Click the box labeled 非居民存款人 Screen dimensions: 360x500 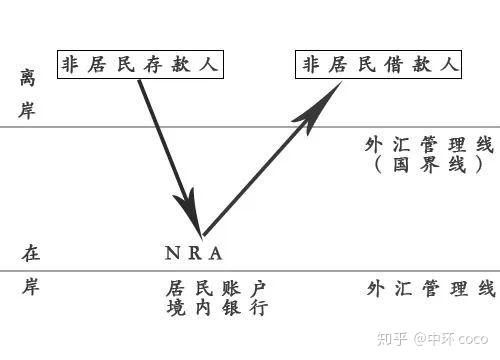[x=139, y=65]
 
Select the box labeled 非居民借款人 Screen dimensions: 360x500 [x=380, y=65]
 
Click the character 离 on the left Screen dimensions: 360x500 [x=27, y=77]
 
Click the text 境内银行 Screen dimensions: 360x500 [x=217, y=308]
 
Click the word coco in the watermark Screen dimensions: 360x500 [x=477, y=340]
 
